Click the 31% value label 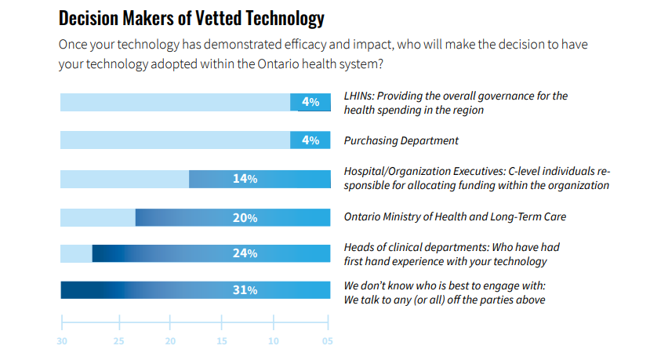click(x=245, y=290)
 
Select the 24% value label click(x=245, y=253)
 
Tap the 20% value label click(x=245, y=217)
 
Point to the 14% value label click(x=245, y=180)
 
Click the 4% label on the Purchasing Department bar click(x=310, y=140)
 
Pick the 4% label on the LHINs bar click(x=310, y=102)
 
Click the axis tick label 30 click(x=62, y=341)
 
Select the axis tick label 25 click(x=119, y=341)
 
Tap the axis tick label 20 click(x=170, y=341)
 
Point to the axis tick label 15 click(x=222, y=341)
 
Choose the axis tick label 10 click(x=274, y=341)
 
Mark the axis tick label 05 click(x=327, y=341)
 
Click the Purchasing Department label click(x=401, y=141)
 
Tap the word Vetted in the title click(x=215, y=17)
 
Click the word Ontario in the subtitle click(x=278, y=64)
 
